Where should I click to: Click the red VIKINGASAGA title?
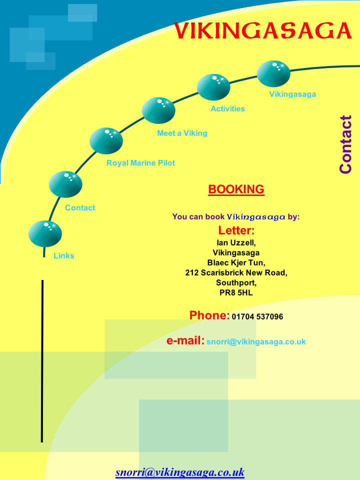point(262,30)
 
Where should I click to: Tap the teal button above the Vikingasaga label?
point(273,74)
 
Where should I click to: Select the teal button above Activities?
point(213,87)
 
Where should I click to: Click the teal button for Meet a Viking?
point(158,110)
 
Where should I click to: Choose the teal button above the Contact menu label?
point(65,184)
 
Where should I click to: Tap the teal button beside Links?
point(45,234)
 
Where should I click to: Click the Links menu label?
point(63,255)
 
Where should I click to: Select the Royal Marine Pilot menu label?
point(140,163)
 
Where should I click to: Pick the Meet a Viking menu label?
point(182,133)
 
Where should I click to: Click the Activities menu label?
point(228,108)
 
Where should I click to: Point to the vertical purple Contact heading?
point(345,144)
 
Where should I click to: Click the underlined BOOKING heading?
point(236,189)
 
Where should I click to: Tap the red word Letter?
point(236,230)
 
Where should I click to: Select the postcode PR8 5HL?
point(236,292)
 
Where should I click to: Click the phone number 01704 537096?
point(257,316)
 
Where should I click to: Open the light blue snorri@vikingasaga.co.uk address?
point(256,341)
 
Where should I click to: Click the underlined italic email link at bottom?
point(180,472)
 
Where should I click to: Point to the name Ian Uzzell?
point(236,243)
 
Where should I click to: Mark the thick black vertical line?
point(42,361)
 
